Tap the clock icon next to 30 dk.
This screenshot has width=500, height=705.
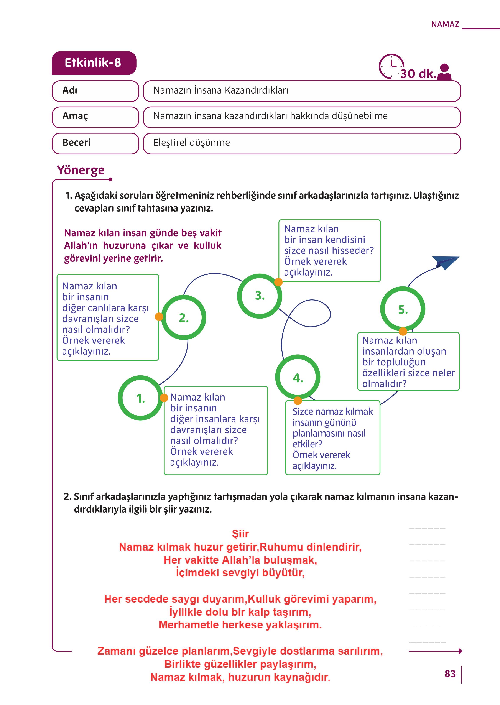[x=391, y=66]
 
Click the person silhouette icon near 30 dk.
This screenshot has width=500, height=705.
[x=444, y=72]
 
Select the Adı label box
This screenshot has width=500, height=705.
[x=95, y=91]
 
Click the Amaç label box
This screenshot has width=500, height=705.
[x=95, y=117]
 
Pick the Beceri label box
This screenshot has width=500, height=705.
[x=95, y=143]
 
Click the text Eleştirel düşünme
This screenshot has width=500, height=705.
[x=191, y=143]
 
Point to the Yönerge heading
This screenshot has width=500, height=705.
[x=81, y=170]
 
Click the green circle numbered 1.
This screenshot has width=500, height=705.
[x=140, y=398]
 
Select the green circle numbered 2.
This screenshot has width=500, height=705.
[x=184, y=317]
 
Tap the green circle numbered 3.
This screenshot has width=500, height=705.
[x=260, y=296]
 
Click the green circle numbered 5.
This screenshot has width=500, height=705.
[x=403, y=309]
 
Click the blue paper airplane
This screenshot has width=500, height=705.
[x=446, y=262]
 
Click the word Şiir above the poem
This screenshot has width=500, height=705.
[x=240, y=534]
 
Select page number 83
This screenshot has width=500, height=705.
[x=450, y=674]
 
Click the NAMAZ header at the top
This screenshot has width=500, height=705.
[x=445, y=24]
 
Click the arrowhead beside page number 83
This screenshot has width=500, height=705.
[x=460, y=651]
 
